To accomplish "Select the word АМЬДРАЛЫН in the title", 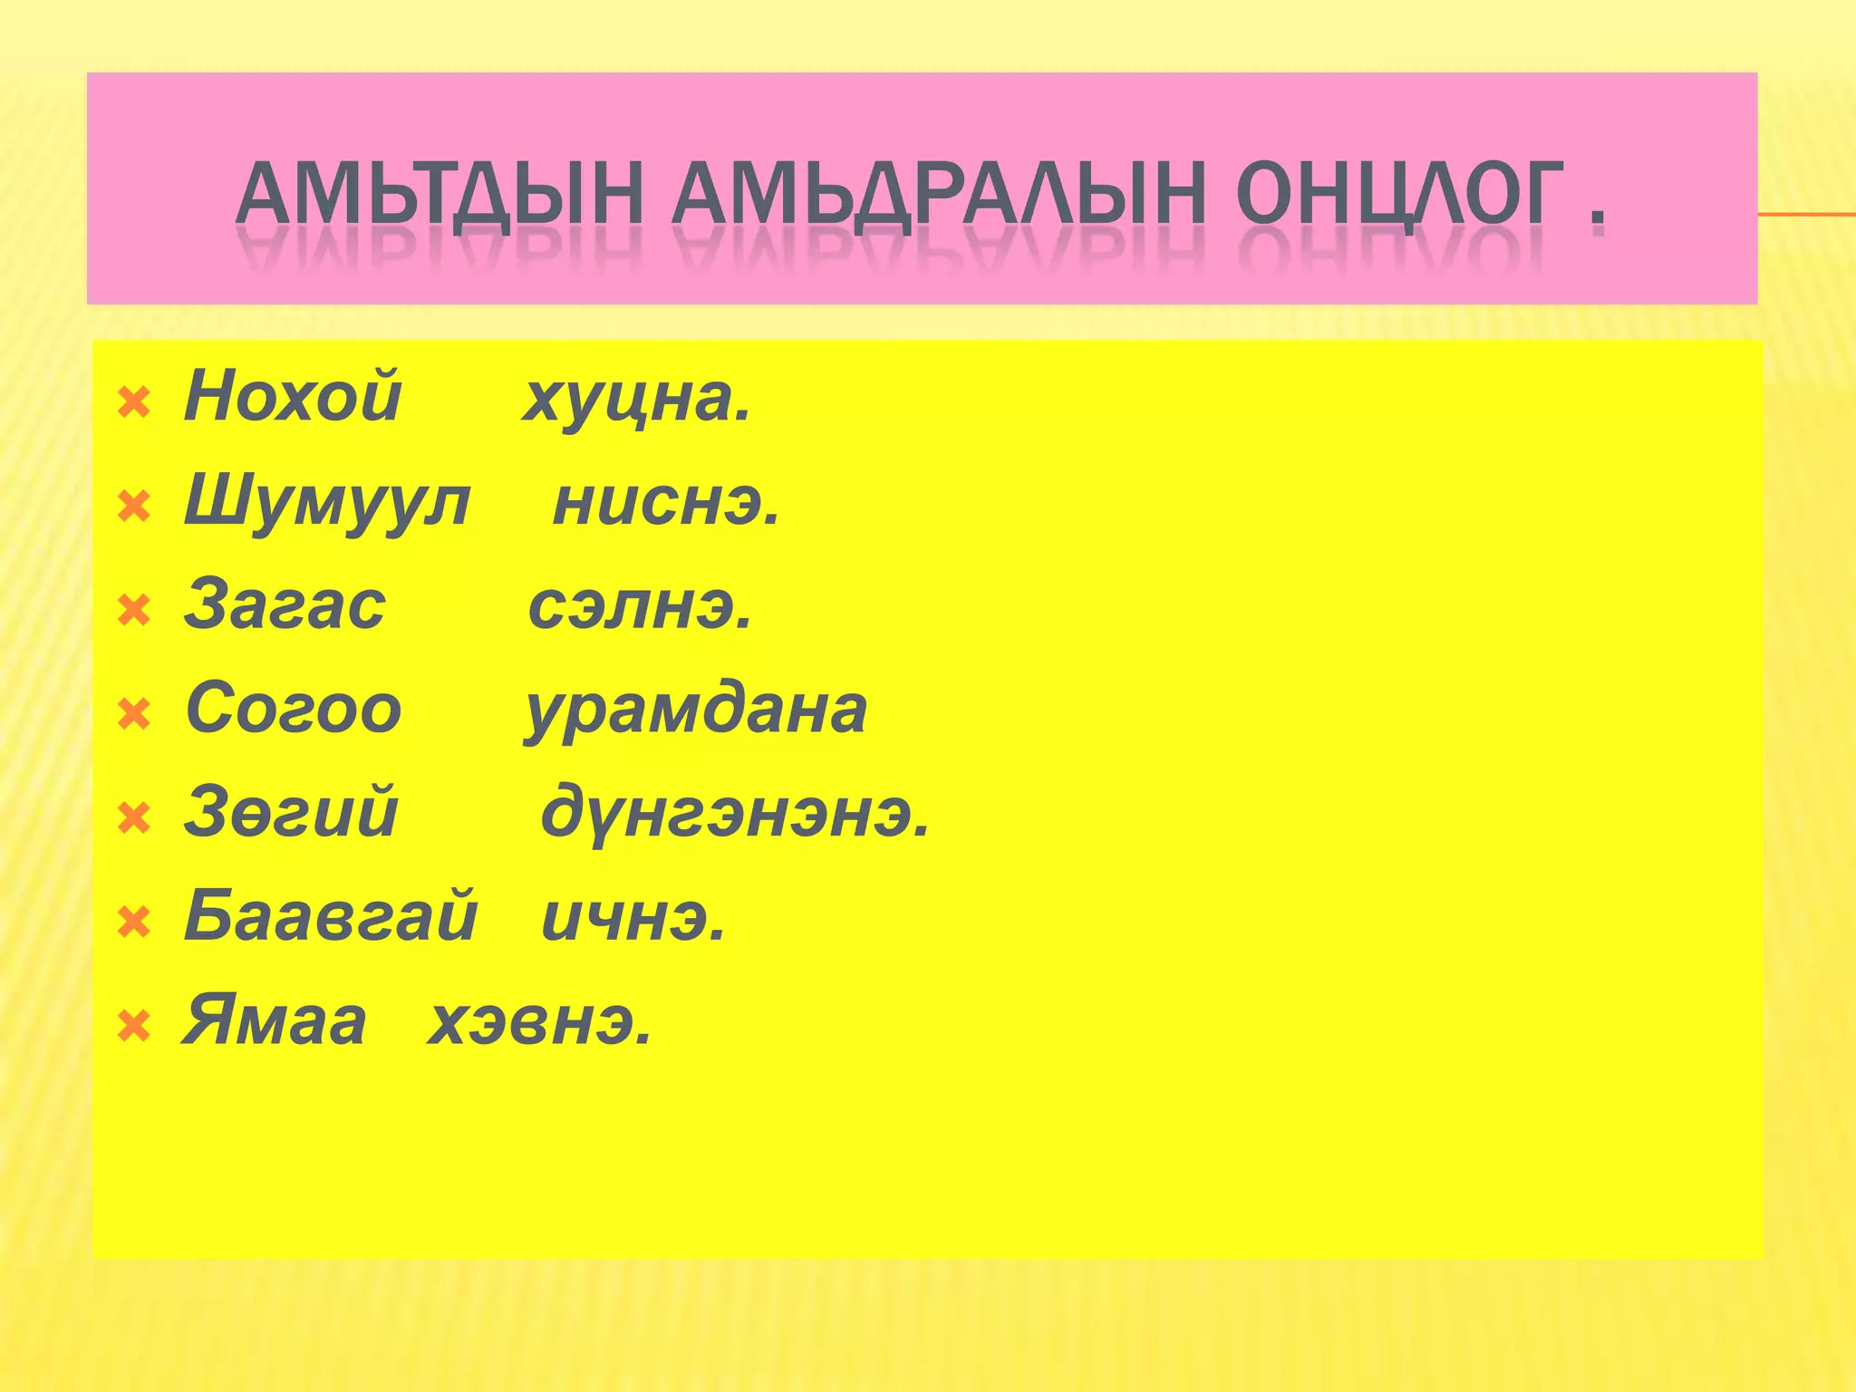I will [x=938, y=194].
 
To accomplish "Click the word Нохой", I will [x=293, y=397].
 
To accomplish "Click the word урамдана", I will [x=696, y=710].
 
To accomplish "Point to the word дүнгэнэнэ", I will [x=735, y=815].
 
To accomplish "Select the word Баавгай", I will [x=331, y=916].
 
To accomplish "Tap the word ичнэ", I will [x=633, y=918].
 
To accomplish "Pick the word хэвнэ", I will [x=539, y=1023].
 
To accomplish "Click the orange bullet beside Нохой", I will [x=134, y=403].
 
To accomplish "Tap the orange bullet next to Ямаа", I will [x=134, y=1027].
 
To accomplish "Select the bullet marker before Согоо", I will [x=134, y=715].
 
